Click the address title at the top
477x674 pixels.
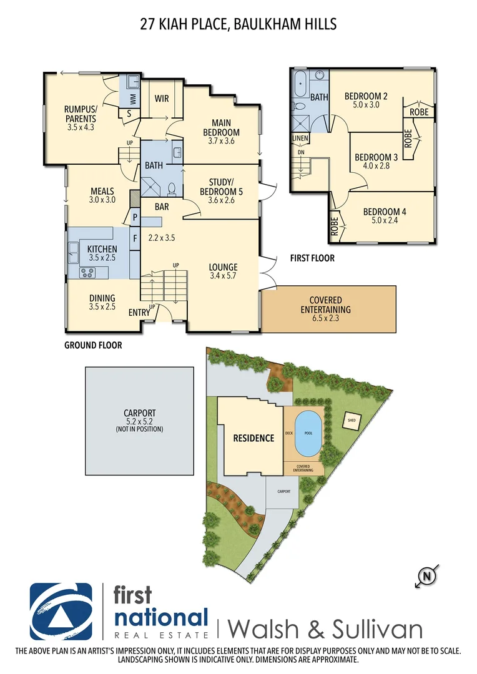[238, 24]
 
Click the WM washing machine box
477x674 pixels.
[132, 99]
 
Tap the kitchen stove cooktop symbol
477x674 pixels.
[87, 272]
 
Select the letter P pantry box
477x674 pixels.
[134, 217]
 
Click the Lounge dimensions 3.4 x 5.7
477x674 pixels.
[223, 276]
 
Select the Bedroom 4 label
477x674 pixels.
[385, 212]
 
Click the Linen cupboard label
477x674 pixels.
[300, 139]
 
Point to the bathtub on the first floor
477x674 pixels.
[300, 84]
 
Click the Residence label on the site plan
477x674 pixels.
[253, 438]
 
